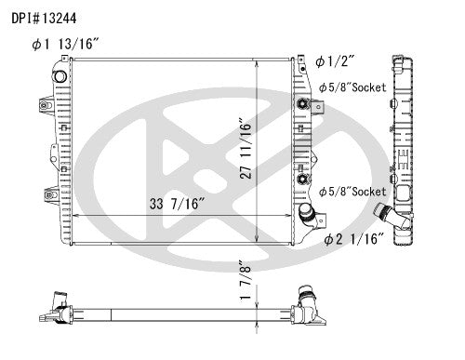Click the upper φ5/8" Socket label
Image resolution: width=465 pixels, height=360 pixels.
(x=352, y=88)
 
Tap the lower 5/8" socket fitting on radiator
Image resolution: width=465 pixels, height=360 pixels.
(x=302, y=177)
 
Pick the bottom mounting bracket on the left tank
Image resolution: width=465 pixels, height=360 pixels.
(x=47, y=194)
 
